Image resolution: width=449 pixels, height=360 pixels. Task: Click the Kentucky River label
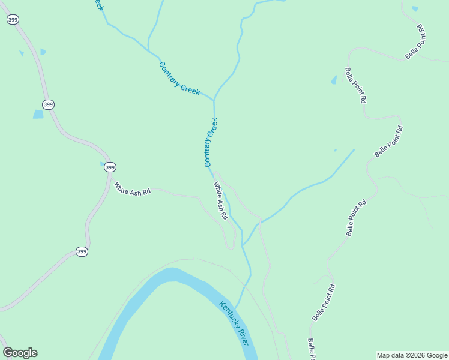[234, 323]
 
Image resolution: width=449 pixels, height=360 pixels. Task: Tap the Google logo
[20, 353]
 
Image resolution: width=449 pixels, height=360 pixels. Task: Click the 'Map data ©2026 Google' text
[412, 355]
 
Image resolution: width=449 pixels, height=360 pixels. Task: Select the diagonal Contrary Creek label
[179, 78]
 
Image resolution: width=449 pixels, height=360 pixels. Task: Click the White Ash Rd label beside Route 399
[132, 188]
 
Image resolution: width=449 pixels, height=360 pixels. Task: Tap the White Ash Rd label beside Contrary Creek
[220, 201]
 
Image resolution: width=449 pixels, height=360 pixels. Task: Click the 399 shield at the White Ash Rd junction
[110, 167]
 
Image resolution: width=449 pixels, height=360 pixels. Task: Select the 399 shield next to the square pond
[49, 104]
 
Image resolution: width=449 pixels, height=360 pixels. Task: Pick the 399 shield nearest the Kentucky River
[82, 251]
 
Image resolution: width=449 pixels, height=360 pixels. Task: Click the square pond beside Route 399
[38, 114]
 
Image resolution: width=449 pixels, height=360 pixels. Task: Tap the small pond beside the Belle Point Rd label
[334, 80]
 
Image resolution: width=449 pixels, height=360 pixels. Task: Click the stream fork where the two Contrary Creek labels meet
[214, 100]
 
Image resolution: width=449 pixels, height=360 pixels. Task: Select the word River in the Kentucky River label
[242, 335]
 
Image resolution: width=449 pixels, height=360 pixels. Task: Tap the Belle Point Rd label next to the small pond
[355, 86]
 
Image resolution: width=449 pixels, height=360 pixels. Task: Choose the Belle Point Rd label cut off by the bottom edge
[312, 350]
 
